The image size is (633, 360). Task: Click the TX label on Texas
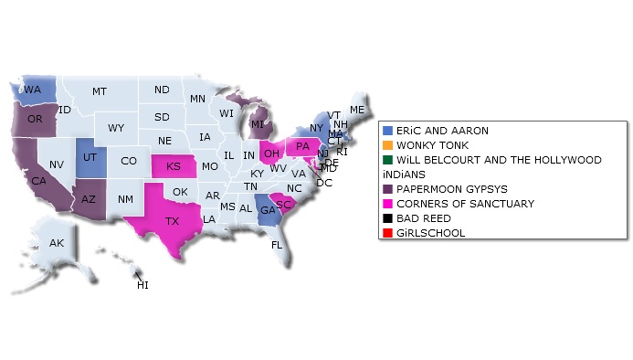pyautogui.click(x=173, y=221)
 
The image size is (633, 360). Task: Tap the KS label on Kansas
pyautogui.click(x=173, y=166)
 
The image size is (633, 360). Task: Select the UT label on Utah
pyautogui.click(x=90, y=157)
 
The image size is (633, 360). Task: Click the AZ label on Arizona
pyautogui.click(x=89, y=199)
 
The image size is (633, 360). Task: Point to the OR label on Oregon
pyautogui.click(x=35, y=119)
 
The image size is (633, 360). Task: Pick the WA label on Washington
pyautogui.click(x=33, y=90)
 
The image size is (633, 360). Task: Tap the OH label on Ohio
pyautogui.click(x=271, y=154)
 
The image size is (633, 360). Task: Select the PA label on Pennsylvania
pyautogui.click(x=302, y=146)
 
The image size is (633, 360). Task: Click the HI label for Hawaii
pyautogui.click(x=142, y=285)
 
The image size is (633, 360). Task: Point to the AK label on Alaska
pyautogui.click(x=57, y=243)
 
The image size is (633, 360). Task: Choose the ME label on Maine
pyautogui.click(x=356, y=110)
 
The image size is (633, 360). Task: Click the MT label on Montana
pyautogui.click(x=100, y=91)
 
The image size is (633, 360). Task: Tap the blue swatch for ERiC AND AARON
pyautogui.click(x=387, y=131)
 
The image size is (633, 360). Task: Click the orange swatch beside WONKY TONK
pyautogui.click(x=387, y=145)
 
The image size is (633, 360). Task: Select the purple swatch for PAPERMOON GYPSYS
pyautogui.click(x=387, y=189)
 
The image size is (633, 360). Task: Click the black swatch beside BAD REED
pyautogui.click(x=387, y=218)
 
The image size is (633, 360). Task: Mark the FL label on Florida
pyautogui.click(x=277, y=245)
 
